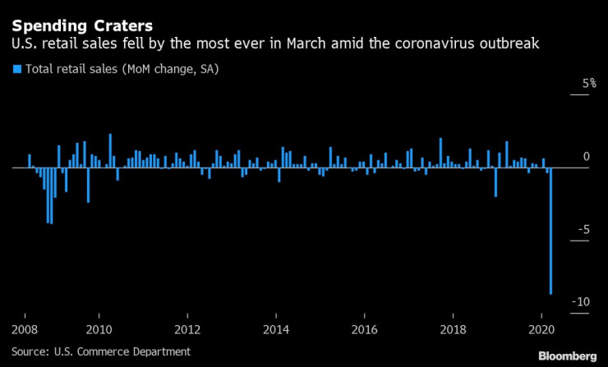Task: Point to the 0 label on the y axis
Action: [x=586, y=157]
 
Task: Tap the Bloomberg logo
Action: [x=568, y=356]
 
